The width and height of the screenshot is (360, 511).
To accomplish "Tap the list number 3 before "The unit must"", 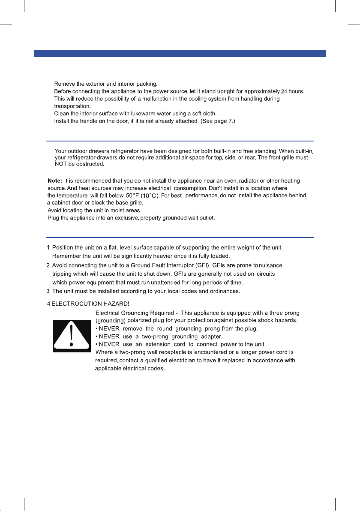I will [x=49, y=292].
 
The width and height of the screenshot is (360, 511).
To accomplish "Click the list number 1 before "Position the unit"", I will [x=48, y=248].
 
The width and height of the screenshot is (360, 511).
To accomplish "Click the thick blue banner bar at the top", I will [x=180, y=54].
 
